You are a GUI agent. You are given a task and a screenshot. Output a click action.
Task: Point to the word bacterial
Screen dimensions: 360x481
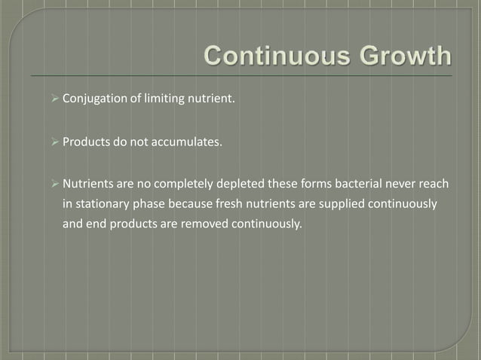(366, 184)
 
